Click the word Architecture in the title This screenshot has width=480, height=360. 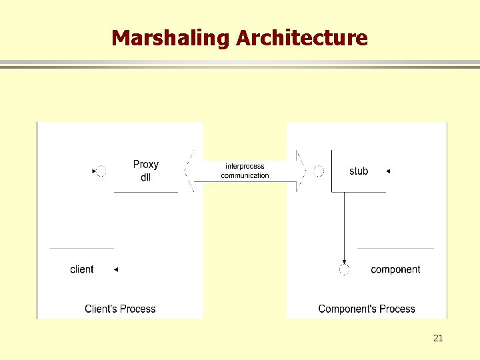pyautogui.click(x=301, y=38)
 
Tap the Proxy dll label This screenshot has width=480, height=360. pyautogui.click(x=146, y=171)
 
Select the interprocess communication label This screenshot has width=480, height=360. pyautogui.click(x=245, y=171)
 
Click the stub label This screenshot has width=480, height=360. pyautogui.click(x=359, y=171)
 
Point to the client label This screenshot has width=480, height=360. pyautogui.click(x=82, y=269)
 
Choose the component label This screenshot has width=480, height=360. pyautogui.click(x=395, y=269)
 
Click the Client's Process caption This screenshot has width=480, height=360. pyautogui.click(x=120, y=309)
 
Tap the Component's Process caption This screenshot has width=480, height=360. pyautogui.click(x=367, y=309)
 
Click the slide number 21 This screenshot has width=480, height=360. pyautogui.click(x=438, y=338)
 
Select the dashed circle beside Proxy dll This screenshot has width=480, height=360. pyautogui.click(x=101, y=171)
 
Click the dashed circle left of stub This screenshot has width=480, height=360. pyautogui.click(x=319, y=171)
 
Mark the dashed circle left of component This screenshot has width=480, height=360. pyautogui.click(x=344, y=270)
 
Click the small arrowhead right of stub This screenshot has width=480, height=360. pyautogui.click(x=388, y=171)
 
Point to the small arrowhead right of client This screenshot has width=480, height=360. pyautogui.click(x=115, y=269)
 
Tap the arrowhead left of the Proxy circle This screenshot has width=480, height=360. pyautogui.click(x=94, y=171)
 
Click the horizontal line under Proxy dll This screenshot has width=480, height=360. pyautogui.click(x=146, y=192)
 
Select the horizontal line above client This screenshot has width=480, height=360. pyautogui.click(x=81, y=248)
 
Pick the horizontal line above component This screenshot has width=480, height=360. pyautogui.click(x=395, y=248)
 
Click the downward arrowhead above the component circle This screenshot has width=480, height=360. pyautogui.click(x=344, y=262)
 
